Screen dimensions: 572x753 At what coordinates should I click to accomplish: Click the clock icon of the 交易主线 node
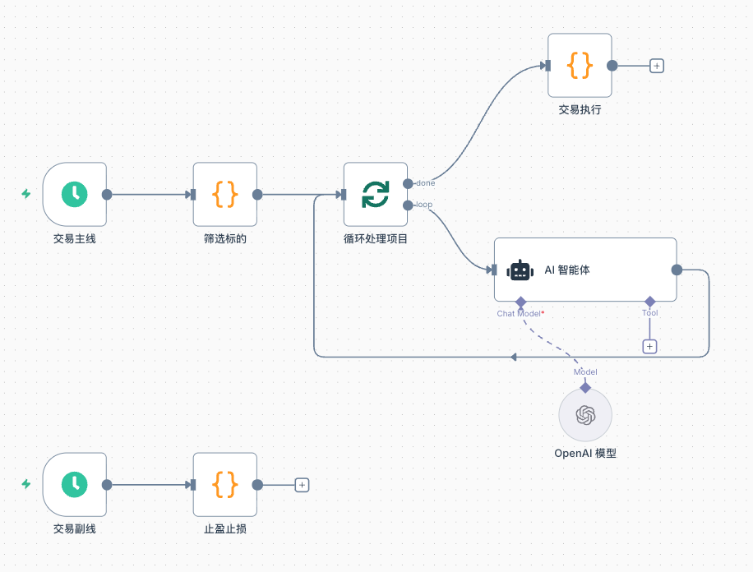click(x=75, y=194)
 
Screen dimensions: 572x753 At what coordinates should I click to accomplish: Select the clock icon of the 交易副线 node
click(x=75, y=484)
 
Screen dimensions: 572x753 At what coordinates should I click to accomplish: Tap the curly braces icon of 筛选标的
click(x=225, y=194)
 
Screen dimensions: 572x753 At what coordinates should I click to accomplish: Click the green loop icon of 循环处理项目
click(x=376, y=194)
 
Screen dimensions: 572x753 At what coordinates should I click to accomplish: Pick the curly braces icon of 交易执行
click(x=580, y=66)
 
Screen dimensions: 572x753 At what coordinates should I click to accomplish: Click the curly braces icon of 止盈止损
click(x=225, y=484)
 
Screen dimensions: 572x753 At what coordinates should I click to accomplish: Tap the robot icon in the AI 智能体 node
click(x=520, y=270)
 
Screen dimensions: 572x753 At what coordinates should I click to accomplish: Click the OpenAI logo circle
click(x=585, y=415)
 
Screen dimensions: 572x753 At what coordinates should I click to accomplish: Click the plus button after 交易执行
click(x=657, y=66)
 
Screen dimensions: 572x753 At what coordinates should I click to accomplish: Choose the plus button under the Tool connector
click(x=649, y=347)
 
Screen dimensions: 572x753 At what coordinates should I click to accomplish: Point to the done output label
click(x=426, y=182)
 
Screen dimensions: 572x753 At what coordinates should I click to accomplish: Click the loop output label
click(x=424, y=205)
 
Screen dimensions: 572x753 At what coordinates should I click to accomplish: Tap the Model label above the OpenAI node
click(x=585, y=372)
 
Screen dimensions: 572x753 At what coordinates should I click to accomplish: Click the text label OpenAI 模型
click(x=585, y=453)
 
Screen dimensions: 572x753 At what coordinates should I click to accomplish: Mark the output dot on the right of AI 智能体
click(x=677, y=270)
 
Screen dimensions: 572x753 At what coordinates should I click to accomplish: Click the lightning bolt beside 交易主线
click(x=26, y=194)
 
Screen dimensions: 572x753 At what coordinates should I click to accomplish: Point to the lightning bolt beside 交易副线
click(x=26, y=484)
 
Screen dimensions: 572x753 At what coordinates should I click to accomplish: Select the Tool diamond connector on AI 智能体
click(x=649, y=301)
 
